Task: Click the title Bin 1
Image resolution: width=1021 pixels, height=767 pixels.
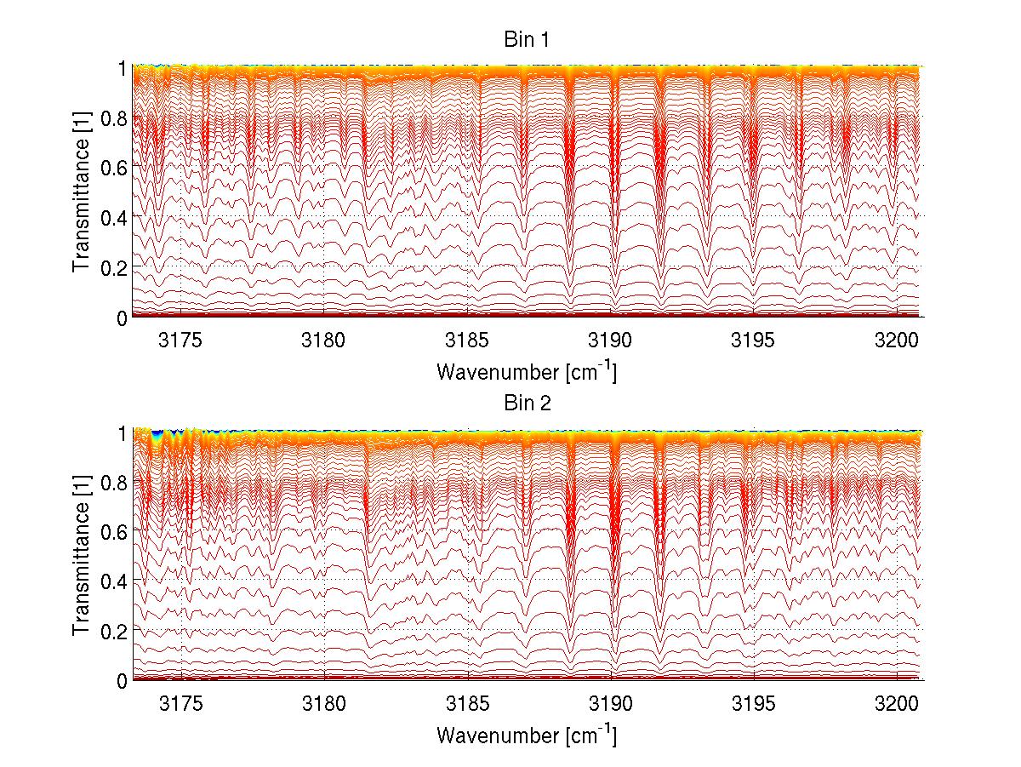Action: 526,40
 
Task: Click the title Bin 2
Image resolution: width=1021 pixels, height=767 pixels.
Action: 526,404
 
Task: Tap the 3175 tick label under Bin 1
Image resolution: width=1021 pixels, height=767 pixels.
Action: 181,341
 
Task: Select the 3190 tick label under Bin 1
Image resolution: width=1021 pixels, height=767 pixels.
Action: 611,341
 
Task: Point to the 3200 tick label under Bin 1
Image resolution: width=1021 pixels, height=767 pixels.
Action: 897,341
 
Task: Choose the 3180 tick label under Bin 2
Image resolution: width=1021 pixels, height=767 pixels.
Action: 325,704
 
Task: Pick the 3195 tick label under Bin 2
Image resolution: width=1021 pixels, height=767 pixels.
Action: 754,704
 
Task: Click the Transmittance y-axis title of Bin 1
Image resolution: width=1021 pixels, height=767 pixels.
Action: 82,192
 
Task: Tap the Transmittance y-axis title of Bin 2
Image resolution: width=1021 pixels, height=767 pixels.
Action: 82,555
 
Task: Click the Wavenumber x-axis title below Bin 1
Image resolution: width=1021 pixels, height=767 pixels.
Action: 526,371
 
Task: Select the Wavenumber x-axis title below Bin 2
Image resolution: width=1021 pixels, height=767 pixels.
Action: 526,735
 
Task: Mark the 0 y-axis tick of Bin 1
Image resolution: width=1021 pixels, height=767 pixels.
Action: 123,317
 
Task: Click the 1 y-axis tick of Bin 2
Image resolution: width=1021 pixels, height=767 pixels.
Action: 123,432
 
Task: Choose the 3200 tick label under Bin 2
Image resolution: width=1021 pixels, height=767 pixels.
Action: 897,704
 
